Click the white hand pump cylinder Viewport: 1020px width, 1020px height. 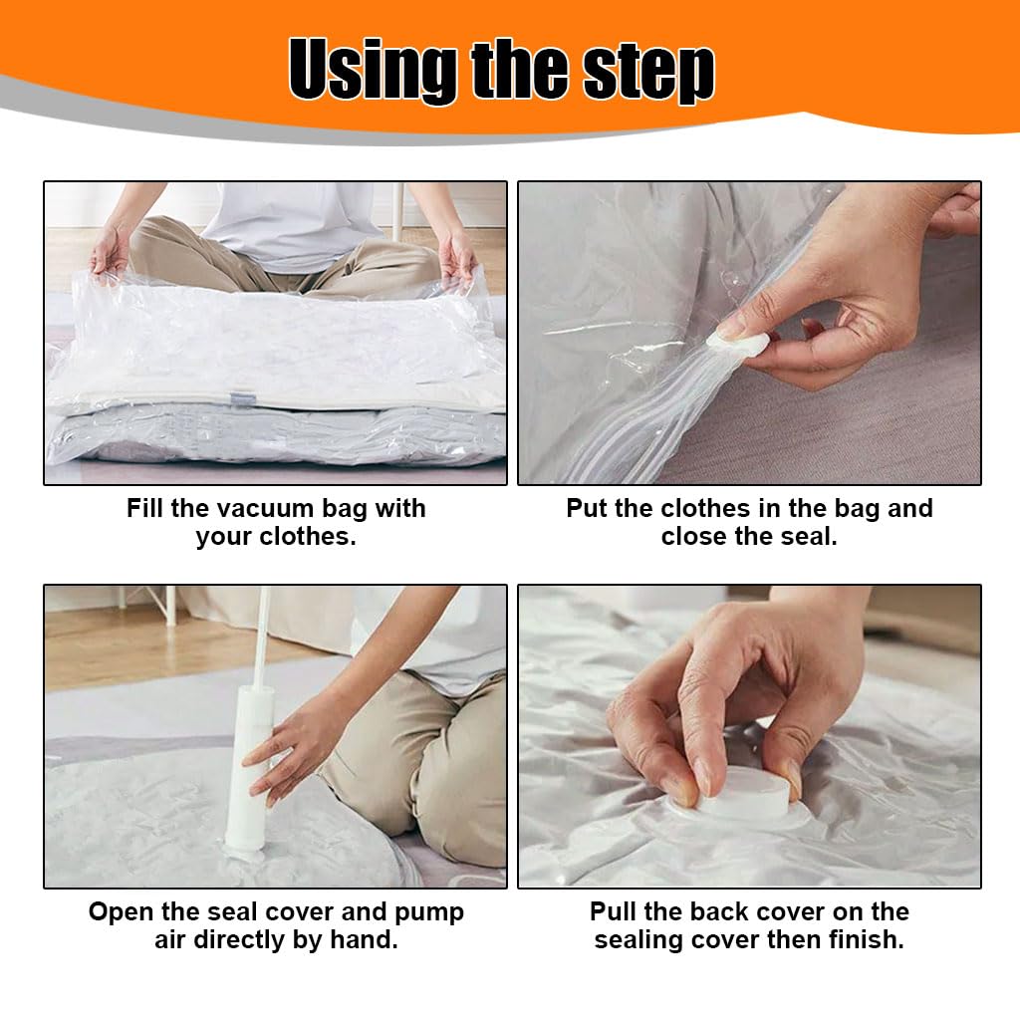247,767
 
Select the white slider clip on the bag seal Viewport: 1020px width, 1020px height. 738,345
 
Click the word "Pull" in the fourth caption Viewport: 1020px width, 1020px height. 617,911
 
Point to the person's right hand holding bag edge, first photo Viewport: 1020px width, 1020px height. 110,251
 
